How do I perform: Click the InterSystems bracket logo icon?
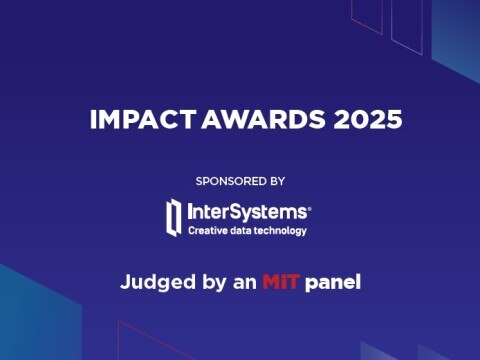coord(174,216)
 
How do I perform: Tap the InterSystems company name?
coord(248,212)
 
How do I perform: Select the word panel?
coord(333,282)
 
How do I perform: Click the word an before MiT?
coord(244,282)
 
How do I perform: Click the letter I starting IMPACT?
coord(93,120)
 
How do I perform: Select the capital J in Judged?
coord(125,282)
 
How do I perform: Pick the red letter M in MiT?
coord(271,282)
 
